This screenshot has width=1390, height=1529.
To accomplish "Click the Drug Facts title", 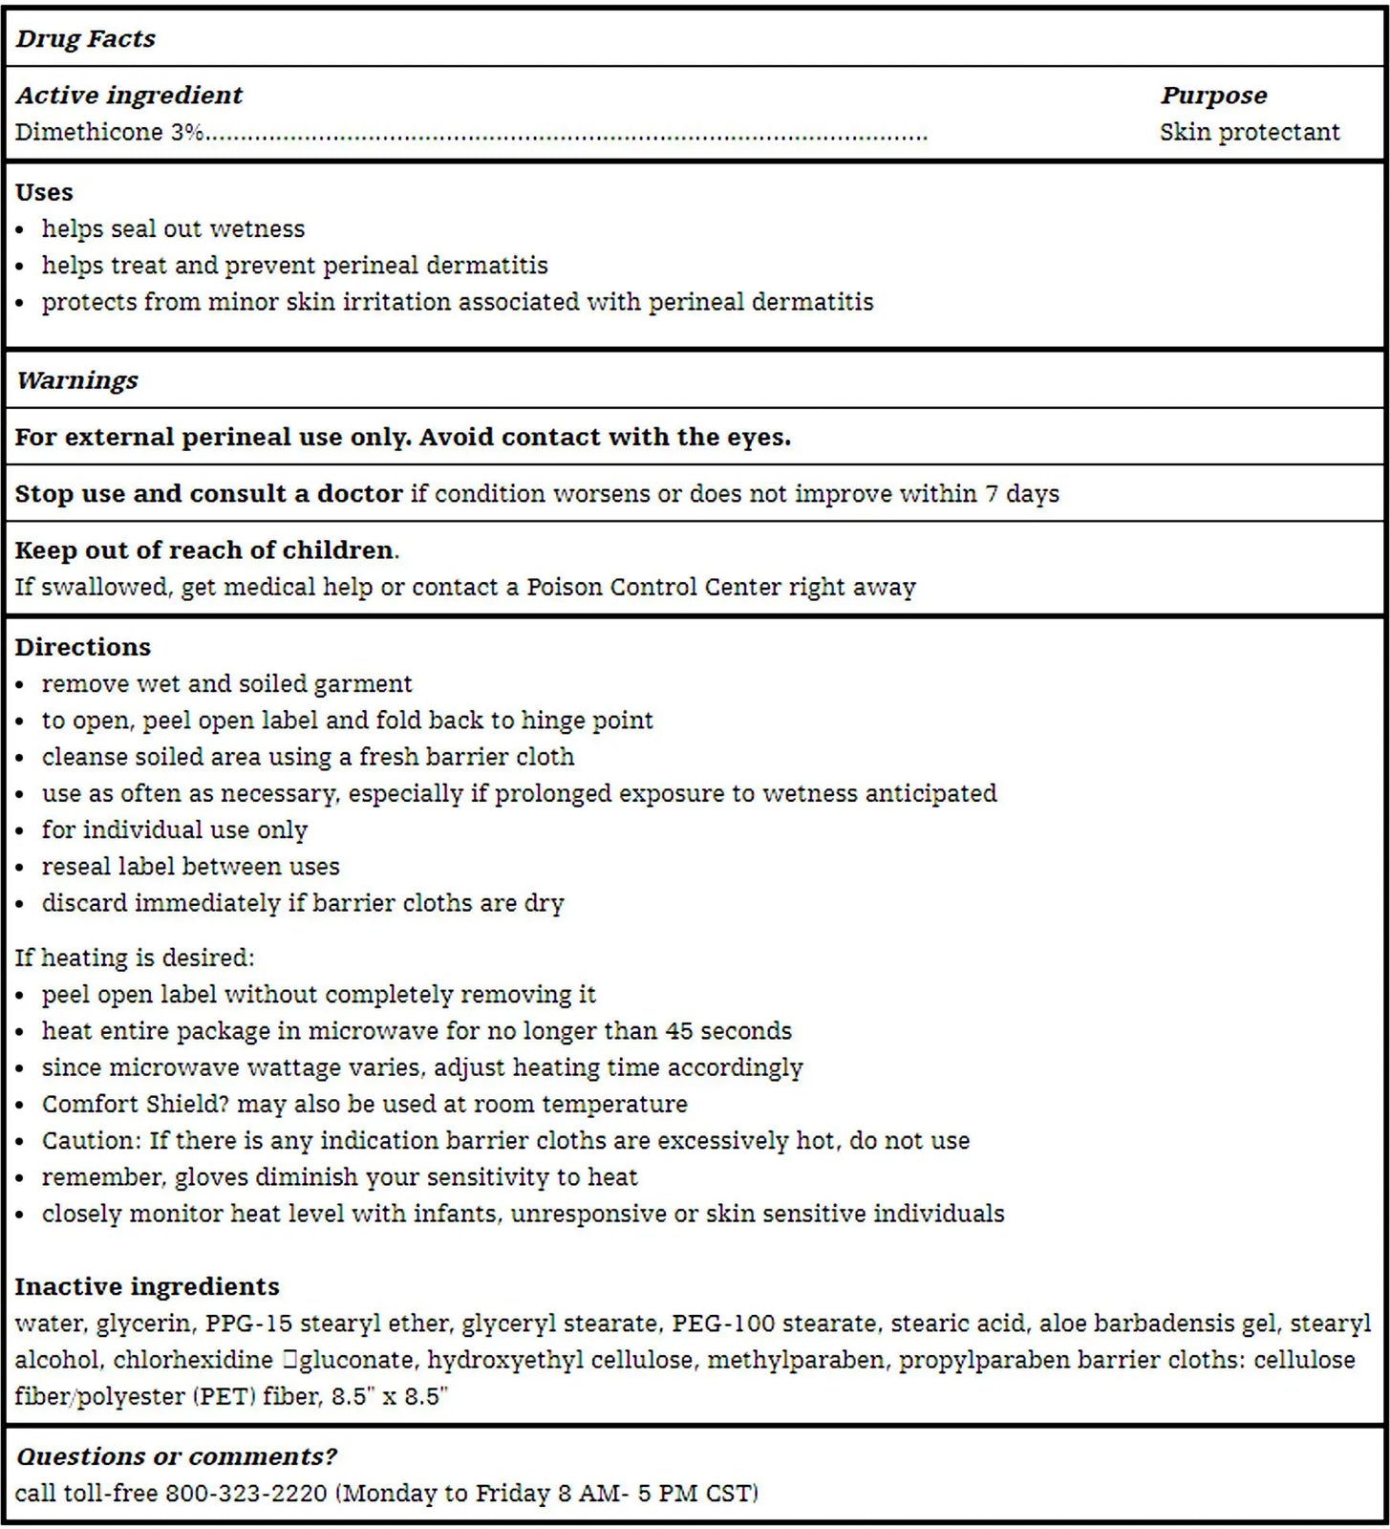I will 85,39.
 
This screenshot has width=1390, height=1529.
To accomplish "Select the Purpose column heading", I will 1213,96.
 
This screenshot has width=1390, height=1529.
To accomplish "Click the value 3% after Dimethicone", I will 187,132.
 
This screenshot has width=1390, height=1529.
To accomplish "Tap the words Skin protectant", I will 1250,132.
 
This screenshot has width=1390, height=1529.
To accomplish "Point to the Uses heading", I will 44,192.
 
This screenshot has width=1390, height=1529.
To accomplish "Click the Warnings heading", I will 77,380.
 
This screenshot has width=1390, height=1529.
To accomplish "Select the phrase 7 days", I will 1022,494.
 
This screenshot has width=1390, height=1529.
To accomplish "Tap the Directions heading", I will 83,647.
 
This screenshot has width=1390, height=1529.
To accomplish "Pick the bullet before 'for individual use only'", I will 21,831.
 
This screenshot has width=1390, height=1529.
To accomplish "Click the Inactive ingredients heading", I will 147,1287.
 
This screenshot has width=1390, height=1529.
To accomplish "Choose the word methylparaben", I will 795,1360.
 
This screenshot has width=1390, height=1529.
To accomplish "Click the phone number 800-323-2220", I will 246,1493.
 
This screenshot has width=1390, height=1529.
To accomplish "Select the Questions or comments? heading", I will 177,1456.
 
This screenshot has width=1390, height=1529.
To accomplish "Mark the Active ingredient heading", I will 129,96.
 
